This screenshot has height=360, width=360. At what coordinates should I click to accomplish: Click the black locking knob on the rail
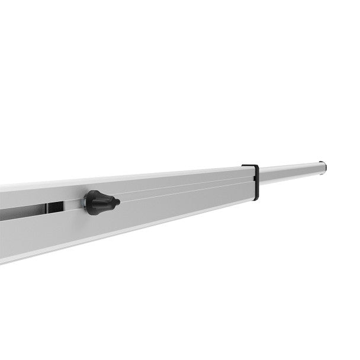click(x=99, y=202)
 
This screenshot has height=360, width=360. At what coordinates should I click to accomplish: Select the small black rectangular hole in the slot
click(x=56, y=207)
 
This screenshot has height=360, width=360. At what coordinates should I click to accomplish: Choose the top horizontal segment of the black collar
click(x=250, y=166)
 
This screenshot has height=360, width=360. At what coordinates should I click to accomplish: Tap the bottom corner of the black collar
click(x=256, y=198)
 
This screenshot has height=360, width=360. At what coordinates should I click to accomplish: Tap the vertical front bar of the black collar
click(x=256, y=182)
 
